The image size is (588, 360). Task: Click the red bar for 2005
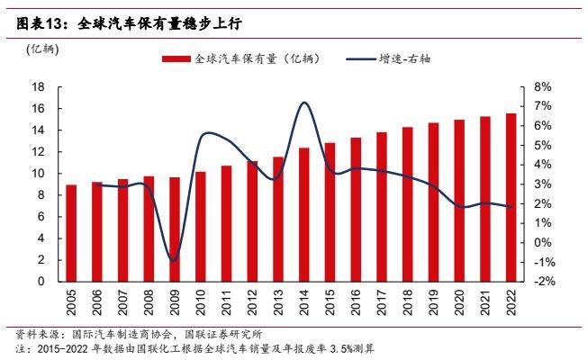(x=71, y=233)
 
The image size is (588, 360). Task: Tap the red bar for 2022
(x=511, y=197)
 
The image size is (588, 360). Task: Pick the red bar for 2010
(x=200, y=226)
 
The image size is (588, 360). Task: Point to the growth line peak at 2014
(x=304, y=103)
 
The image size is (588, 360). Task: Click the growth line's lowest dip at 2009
(x=174, y=261)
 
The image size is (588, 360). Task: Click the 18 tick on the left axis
(x=39, y=87)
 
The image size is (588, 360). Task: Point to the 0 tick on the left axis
(x=41, y=282)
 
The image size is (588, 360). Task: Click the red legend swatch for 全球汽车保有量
(x=176, y=58)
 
